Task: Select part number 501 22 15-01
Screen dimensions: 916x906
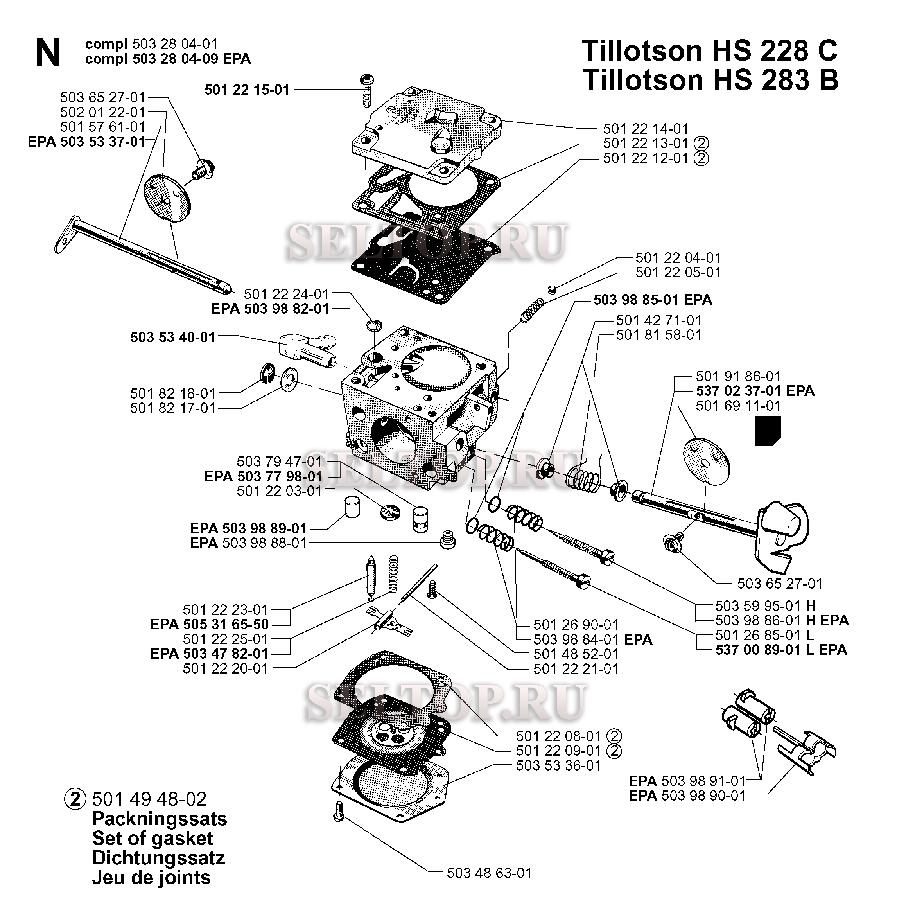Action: click(246, 90)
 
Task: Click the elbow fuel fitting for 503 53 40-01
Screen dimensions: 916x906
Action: click(303, 348)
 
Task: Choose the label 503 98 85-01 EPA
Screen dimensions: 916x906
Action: click(652, 300)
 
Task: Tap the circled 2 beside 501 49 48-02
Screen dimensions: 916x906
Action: click(75, 799)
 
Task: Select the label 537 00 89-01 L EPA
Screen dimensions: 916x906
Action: click(781, 650)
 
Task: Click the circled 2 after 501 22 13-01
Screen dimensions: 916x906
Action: click(701, 143)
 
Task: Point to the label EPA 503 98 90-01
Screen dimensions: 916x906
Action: click(687, 796)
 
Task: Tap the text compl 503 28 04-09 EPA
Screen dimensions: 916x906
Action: click(168, 59)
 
